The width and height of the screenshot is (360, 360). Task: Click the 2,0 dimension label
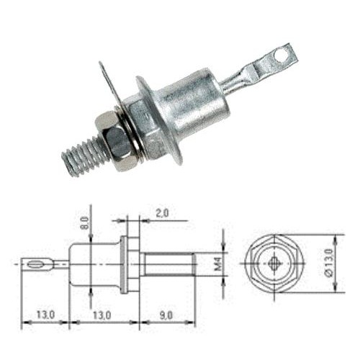click(162, 213)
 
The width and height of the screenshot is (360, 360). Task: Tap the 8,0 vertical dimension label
click(85, 222)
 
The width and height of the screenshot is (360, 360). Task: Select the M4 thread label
click(218, 264)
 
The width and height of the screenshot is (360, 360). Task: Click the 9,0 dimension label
click(166, 315)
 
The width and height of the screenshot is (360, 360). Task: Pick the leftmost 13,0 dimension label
click(45, 315)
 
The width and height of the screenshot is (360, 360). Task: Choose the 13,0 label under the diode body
click(102, 315)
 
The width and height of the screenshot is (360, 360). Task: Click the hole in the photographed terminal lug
click(281, 55)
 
